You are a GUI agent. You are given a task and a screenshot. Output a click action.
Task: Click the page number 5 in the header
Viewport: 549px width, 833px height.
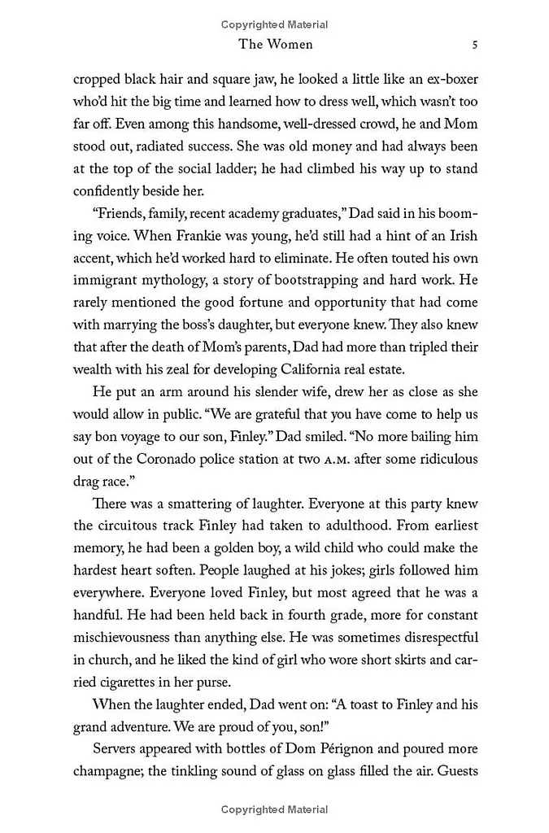[474, 44]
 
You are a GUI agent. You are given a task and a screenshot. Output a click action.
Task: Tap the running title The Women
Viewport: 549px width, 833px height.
[275, 44]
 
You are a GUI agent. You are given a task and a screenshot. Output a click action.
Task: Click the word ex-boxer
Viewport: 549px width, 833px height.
[449, 81]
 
